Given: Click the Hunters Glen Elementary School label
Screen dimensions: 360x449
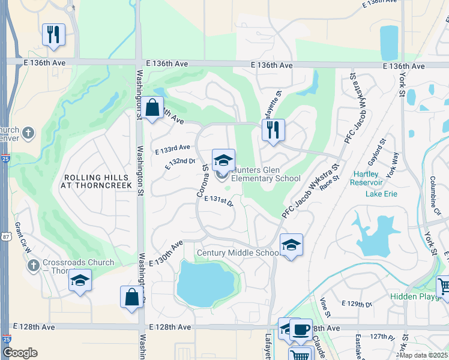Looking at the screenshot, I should point(265,174).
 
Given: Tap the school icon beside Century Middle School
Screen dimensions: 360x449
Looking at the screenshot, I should point(291,245).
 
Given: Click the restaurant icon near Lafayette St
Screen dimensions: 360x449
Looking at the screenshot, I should point(273,130).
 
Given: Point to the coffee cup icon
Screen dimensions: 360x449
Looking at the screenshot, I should point(300,329).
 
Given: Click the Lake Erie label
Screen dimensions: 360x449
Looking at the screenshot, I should point(381,193).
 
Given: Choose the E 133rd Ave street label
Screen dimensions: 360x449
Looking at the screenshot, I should point(172,147).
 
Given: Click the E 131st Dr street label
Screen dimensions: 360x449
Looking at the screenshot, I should point(218,200).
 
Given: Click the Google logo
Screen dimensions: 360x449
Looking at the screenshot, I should point(20,353).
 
